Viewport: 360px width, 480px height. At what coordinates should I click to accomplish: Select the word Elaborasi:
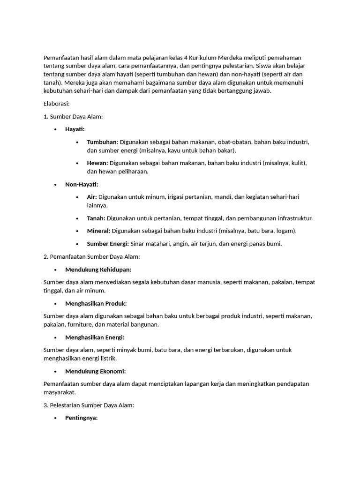click(56, 104)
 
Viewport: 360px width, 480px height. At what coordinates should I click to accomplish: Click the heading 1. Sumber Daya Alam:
click(73, 116)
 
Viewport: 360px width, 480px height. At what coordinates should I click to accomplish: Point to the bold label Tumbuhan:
click(103, 142)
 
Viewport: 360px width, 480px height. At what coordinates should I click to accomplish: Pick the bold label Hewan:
click(97, 163)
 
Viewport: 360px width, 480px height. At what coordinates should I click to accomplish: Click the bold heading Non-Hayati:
click(82, 184)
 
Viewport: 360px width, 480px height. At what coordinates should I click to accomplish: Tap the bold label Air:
click(92, 197)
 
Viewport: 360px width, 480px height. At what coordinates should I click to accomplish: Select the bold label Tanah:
click(96, 218)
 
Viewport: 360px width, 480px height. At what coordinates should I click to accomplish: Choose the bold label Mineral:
click(98, 231)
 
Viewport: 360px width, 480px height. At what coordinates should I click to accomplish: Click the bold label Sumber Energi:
click(108, 243)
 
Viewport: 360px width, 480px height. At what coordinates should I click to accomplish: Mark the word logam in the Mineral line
click(285, 231)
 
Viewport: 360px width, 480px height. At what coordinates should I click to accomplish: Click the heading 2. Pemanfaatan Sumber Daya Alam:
click(92, 256)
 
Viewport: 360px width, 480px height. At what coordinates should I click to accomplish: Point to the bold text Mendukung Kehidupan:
click(98, 270)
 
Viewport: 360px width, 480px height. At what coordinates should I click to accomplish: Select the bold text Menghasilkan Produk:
click(96, 303)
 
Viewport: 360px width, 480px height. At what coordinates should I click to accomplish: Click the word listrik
click(105, 358)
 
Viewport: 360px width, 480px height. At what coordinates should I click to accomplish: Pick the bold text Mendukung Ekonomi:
click(96, 371)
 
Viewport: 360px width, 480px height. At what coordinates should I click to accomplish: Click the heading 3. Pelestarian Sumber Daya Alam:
click(89, 405)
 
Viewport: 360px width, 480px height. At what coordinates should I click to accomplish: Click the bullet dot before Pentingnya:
click(55, 418)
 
